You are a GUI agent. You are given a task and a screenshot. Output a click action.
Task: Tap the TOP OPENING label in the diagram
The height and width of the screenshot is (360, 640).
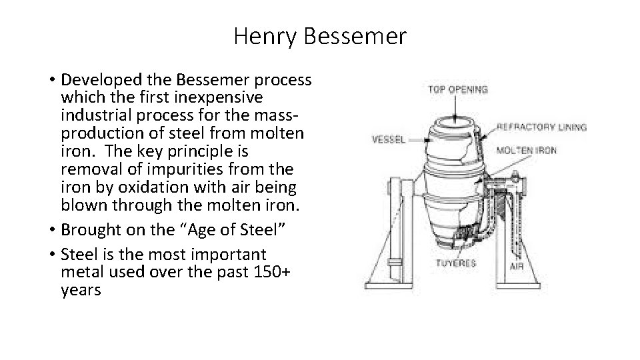[459, 89]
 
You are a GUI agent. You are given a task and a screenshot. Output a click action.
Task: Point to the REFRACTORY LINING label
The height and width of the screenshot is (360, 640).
[541, 127]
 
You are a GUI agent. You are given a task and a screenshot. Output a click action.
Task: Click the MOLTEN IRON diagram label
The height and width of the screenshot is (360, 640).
[526, 150]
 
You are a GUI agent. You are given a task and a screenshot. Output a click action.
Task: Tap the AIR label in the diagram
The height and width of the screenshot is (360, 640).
[516, 266]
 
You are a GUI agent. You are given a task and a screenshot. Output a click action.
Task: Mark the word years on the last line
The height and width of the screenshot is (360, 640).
[80, 290]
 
